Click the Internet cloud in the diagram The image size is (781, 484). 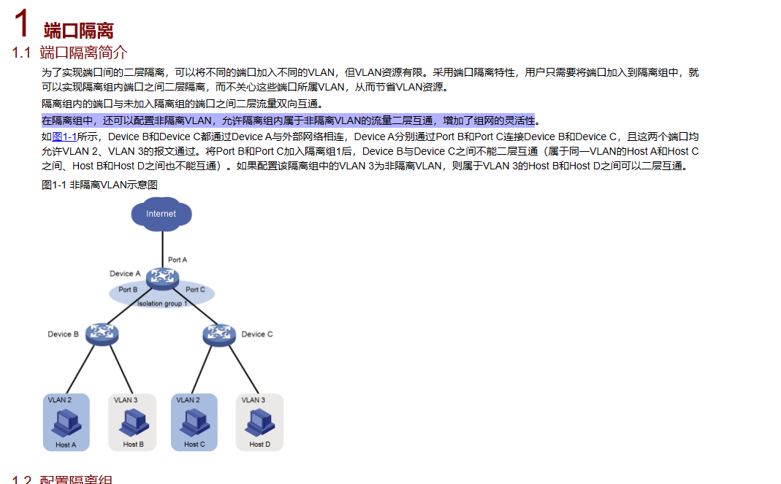point(161,214)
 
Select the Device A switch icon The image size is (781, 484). point(161,277)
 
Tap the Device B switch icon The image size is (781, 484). point(102,334)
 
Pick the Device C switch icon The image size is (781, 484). point(218,334)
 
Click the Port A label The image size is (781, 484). point(178,260)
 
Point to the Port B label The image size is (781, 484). point(129,290)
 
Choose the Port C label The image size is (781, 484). point(195,290)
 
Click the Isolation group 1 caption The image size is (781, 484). point(162,303)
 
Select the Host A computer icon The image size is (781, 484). point(66,422)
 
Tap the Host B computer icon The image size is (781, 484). point(133,422)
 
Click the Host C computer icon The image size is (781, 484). point(194,422)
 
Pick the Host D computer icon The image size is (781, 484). point(259,422)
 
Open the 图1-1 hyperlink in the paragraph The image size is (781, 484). point(64,137)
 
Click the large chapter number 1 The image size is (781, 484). point(22,23)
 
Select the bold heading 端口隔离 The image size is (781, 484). point(79,31)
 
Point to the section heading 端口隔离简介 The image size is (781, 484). point(83,53)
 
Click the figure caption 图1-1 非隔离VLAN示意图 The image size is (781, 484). point(99,185)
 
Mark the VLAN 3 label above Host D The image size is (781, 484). point(254,400)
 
